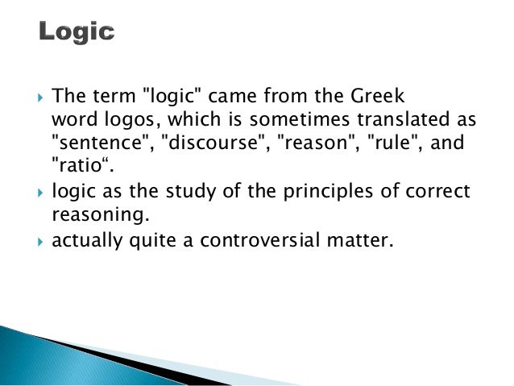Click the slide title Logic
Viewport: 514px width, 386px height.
coord(77,32)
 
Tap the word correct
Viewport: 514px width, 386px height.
coord(440,194)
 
